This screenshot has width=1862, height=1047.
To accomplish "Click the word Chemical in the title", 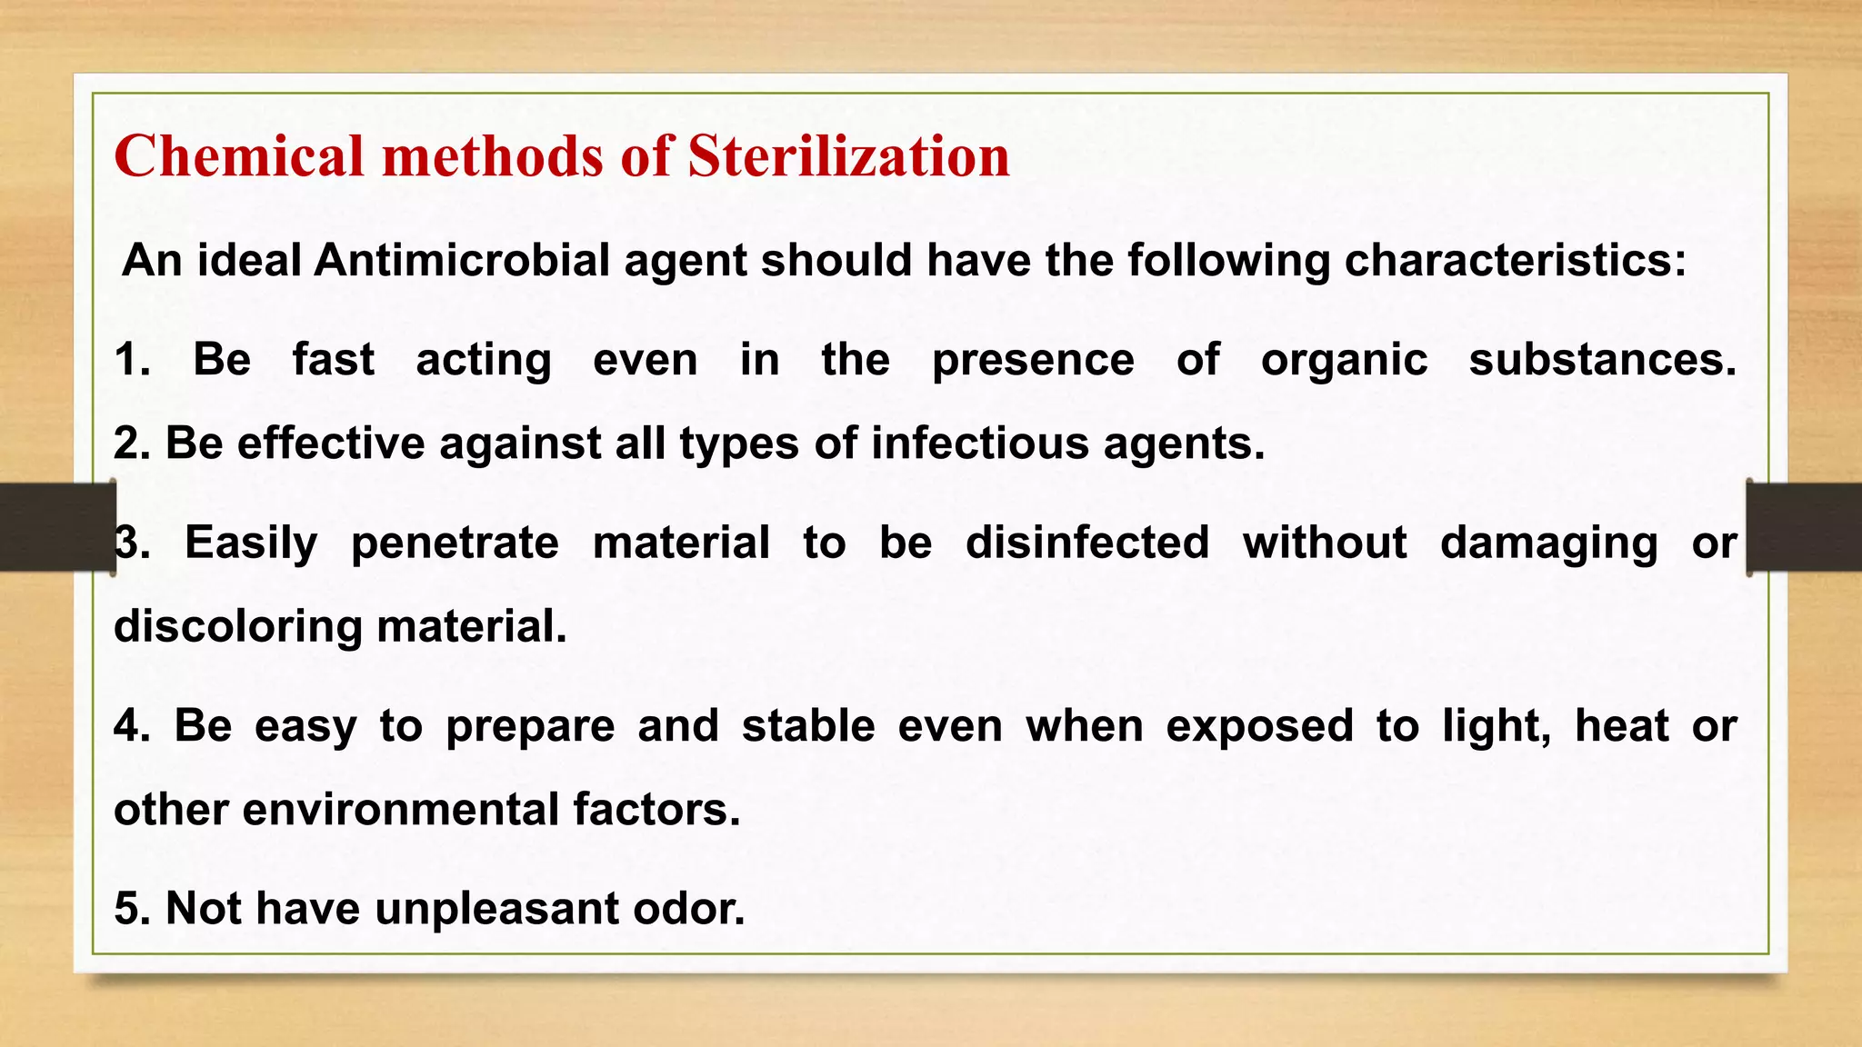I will [238, 155].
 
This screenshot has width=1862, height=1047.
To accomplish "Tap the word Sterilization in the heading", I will [847, 155].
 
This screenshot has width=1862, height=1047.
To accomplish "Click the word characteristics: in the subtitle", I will [1515, 261].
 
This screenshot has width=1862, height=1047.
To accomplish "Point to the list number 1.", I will [132, 360].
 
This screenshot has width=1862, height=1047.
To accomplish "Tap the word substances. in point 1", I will [1602, 360].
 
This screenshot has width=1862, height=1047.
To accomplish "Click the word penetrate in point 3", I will [455, 544].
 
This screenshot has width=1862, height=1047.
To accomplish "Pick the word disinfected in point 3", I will [1086, 543].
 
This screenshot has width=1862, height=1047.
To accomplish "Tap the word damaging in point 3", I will [1548, 544].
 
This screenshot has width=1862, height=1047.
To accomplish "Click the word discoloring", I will [238, 628].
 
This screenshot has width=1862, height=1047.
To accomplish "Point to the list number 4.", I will [132, 726].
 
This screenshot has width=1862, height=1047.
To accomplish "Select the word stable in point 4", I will [808, 726].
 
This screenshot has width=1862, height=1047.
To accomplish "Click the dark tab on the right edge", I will [1804, 527].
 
